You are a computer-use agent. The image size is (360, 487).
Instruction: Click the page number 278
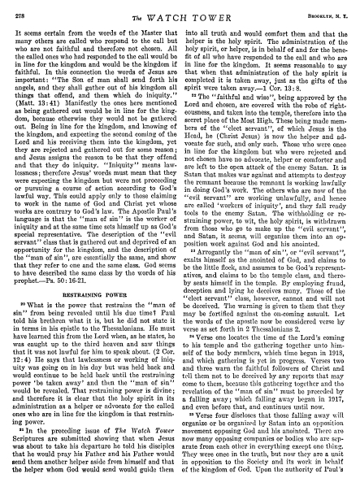pyautogui.click(x=22, y=10)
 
